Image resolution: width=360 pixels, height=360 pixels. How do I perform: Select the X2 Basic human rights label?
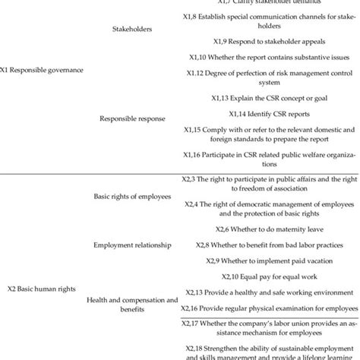point(43,289)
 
